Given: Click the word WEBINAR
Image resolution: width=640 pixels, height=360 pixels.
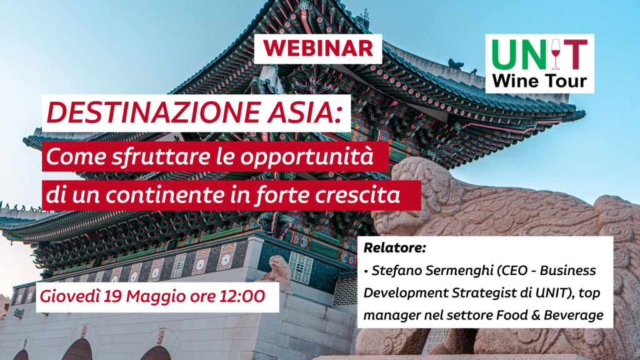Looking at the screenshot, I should click(x=317, y=47).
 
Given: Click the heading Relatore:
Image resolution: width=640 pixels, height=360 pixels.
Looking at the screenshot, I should click(x=394, y=248).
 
